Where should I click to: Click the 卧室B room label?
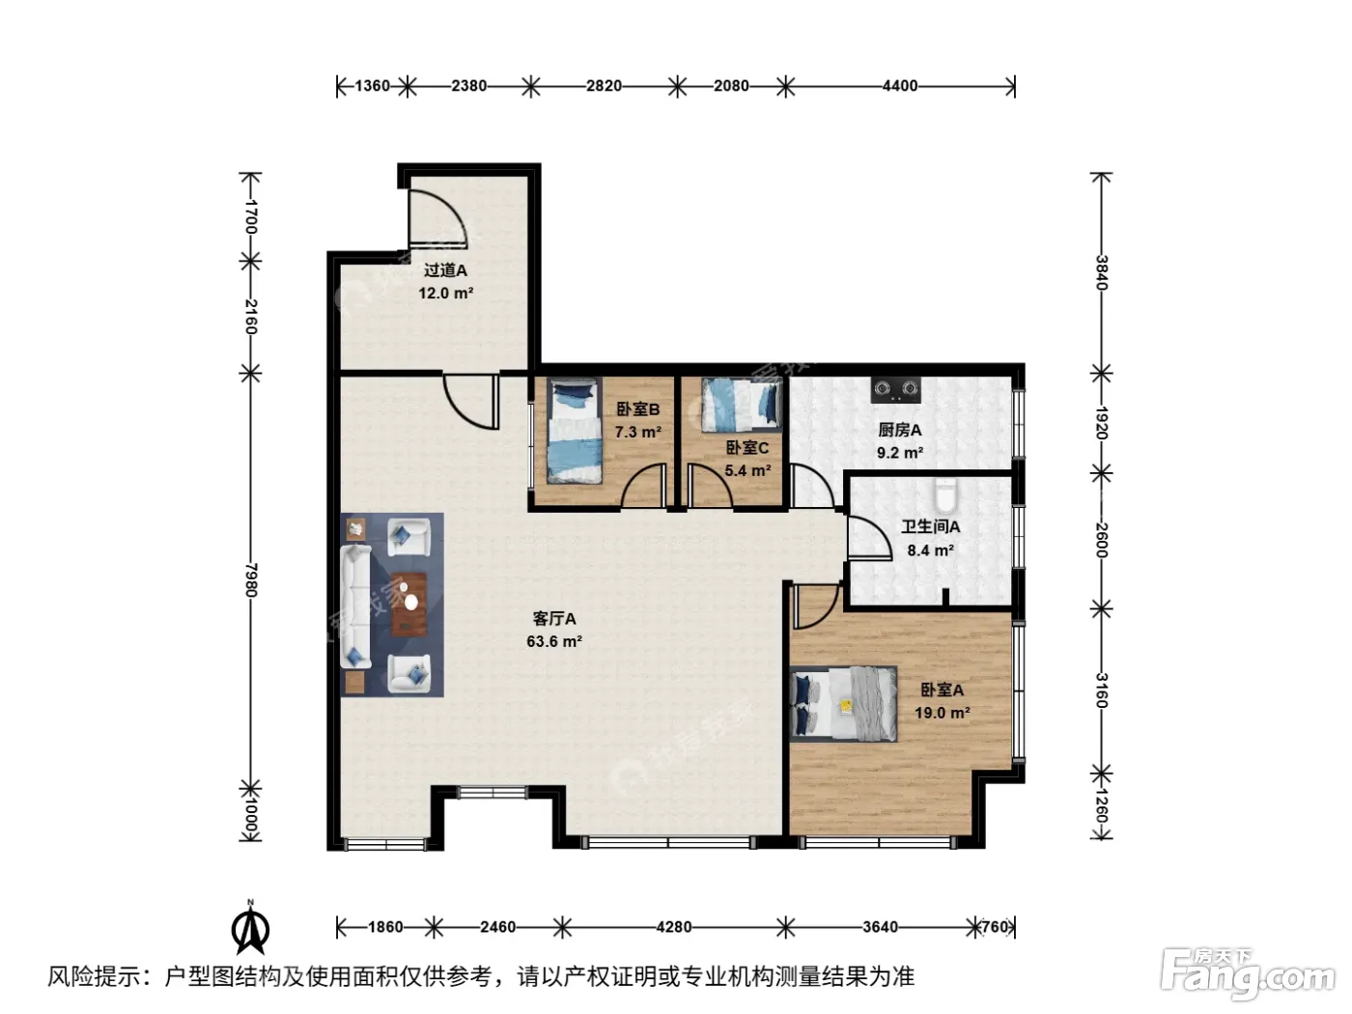(x=637, y=408)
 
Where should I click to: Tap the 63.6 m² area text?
(x=553, y=641)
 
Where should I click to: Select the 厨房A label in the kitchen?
(x=899, y=430)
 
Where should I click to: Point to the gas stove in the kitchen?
(x=895, y=389)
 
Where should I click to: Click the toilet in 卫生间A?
(x=944, y=496)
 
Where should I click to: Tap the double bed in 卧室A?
(x=843, y=704)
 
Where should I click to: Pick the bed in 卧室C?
(x=742, y=404)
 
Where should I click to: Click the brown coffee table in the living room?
(x=409, y=604)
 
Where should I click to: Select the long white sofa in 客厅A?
(x=356, y=606)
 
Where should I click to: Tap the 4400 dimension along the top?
(x=899, y=86)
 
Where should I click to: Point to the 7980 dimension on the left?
(x=251, y=579)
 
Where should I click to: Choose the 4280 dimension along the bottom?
(x=673, y=926)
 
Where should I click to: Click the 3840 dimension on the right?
(x=1102, y=272)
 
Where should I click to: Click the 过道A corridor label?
(x=445, y=270)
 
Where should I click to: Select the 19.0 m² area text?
(x=942, y=713)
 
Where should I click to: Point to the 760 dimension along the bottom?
(x=995, y=926)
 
